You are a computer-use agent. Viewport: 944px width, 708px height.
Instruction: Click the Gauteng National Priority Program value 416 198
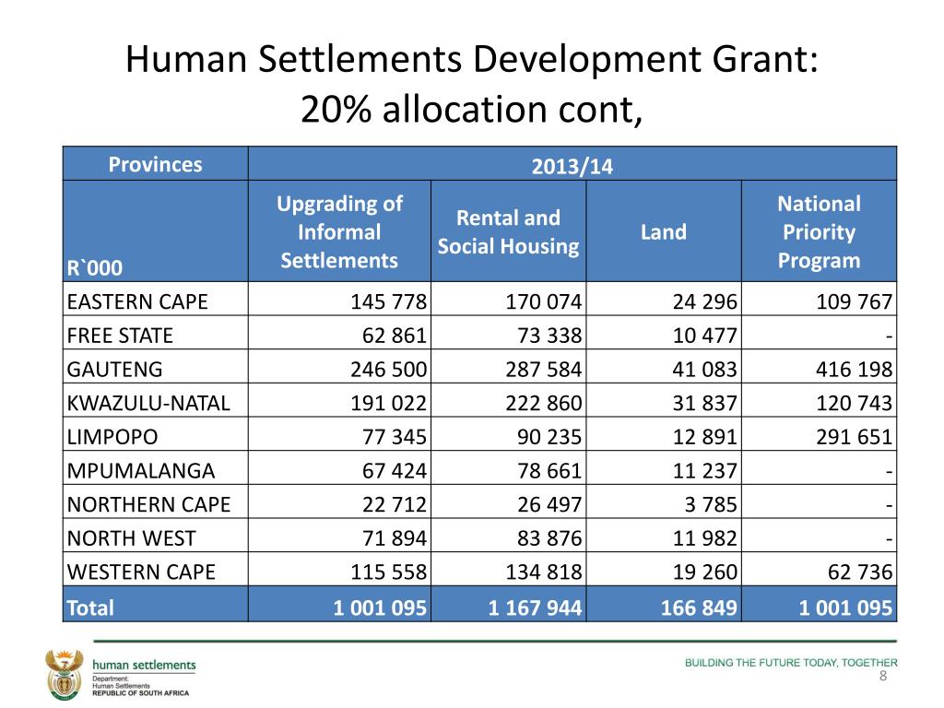pos(853,371)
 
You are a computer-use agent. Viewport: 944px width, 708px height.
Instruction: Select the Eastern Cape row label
pos(137,302)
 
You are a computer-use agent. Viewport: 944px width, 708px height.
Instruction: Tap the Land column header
pos(664,232)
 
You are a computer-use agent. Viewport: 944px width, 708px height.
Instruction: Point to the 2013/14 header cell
pos(572,167)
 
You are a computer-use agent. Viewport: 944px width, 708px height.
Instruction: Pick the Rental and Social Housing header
pos(508,232)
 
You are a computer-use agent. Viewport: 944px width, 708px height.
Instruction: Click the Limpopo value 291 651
pos(853,437)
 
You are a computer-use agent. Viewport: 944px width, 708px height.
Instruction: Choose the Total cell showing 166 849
pos(699,608)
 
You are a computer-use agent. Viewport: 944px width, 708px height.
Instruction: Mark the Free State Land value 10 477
pos(701,336)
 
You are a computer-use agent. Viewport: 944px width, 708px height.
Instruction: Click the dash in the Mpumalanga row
pos(889,471)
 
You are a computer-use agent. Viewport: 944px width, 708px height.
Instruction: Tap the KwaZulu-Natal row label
pos(147,404)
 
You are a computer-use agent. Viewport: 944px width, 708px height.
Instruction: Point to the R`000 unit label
pos(94,269)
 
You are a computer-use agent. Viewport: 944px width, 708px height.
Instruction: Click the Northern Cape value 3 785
pos(711,504)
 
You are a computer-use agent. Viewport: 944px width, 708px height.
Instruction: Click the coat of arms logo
pos(65,674)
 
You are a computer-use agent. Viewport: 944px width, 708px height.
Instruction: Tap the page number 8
pos(883,678)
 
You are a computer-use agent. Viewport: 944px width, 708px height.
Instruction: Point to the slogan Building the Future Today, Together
pos(790,662)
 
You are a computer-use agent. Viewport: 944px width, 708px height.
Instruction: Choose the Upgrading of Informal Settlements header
pos(339,232)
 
